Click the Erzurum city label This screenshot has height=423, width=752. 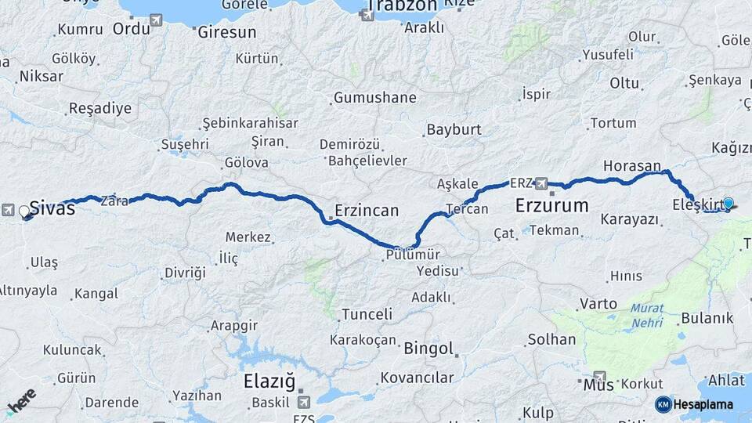pyautogui.click(x=551, y=206)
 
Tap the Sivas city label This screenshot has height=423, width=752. pyautogui.click(x=52, y=209)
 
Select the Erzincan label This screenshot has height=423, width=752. pyautogui.click(x=366, y=210)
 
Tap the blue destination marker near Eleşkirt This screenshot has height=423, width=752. pyautogui.click(x=728, y=204)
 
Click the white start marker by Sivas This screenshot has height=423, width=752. pyautogui.click(x=24, y=211)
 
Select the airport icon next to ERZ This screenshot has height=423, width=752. pyautogui.click(x=540, y=183)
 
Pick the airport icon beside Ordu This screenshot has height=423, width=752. pyautogui.click(x=157, y=20)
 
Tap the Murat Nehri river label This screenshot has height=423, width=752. pyautogui.click(x=648, y=315)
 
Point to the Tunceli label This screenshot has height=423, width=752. pyautogui.click(x=366, y=314)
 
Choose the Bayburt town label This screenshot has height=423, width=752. pyautogui.click(x=453, y=129)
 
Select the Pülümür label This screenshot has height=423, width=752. pyautogui.click(x=413, y=255)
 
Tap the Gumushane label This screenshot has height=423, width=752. pyautogui.click(x=374, y=98)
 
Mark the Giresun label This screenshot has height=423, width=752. pyautogui.click(x=226, y=33)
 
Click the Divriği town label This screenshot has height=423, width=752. pyautogui.click(x=185, y=272)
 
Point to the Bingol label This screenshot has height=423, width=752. pyautogui.click(x=428, y=348)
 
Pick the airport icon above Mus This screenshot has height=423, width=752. pyautogui.click(x=599, y=376)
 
